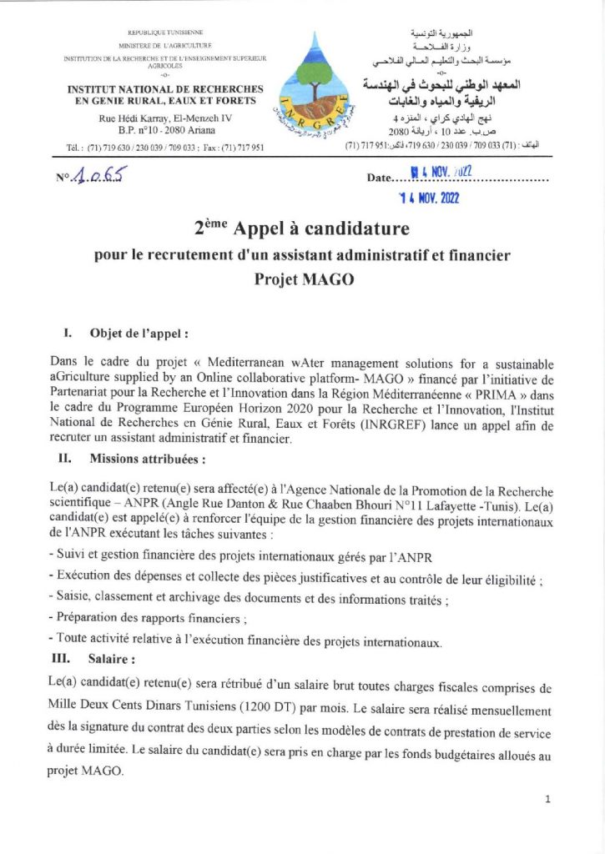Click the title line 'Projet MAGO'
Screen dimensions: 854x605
(304, 279)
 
